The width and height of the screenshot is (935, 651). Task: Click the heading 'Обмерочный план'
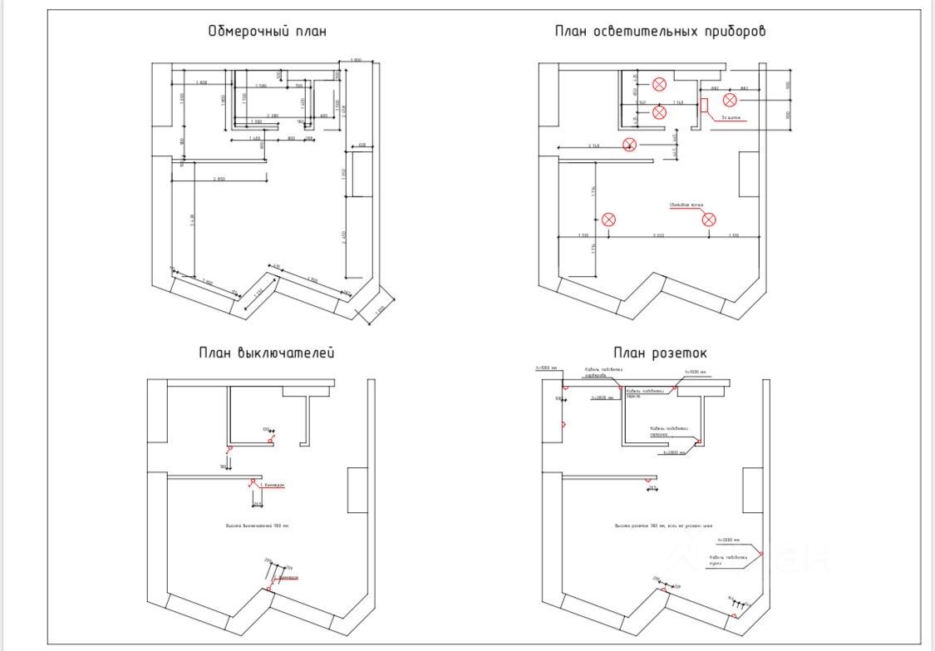(267, 32)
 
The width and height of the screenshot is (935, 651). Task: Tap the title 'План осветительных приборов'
(660, 32)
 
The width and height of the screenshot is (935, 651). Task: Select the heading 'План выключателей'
(267, 353)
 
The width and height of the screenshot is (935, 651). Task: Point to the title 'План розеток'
(660, 353)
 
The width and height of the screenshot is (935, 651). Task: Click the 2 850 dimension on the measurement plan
(219, 179)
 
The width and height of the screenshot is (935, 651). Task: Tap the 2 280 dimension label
(272, 116)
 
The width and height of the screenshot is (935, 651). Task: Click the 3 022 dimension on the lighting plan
(658, 235)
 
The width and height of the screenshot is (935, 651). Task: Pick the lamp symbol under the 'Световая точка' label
(709, 219)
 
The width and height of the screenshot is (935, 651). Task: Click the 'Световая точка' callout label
(686, 205)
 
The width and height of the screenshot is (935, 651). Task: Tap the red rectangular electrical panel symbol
(704, 105)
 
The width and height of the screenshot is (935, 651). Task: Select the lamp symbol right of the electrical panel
(730, 101)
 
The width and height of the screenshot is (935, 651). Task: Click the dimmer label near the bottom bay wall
(288, 576)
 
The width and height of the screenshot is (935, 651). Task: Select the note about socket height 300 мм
(663, 526)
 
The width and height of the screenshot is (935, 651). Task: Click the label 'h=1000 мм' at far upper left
(546, 367)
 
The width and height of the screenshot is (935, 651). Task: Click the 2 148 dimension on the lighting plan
(594, 145)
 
